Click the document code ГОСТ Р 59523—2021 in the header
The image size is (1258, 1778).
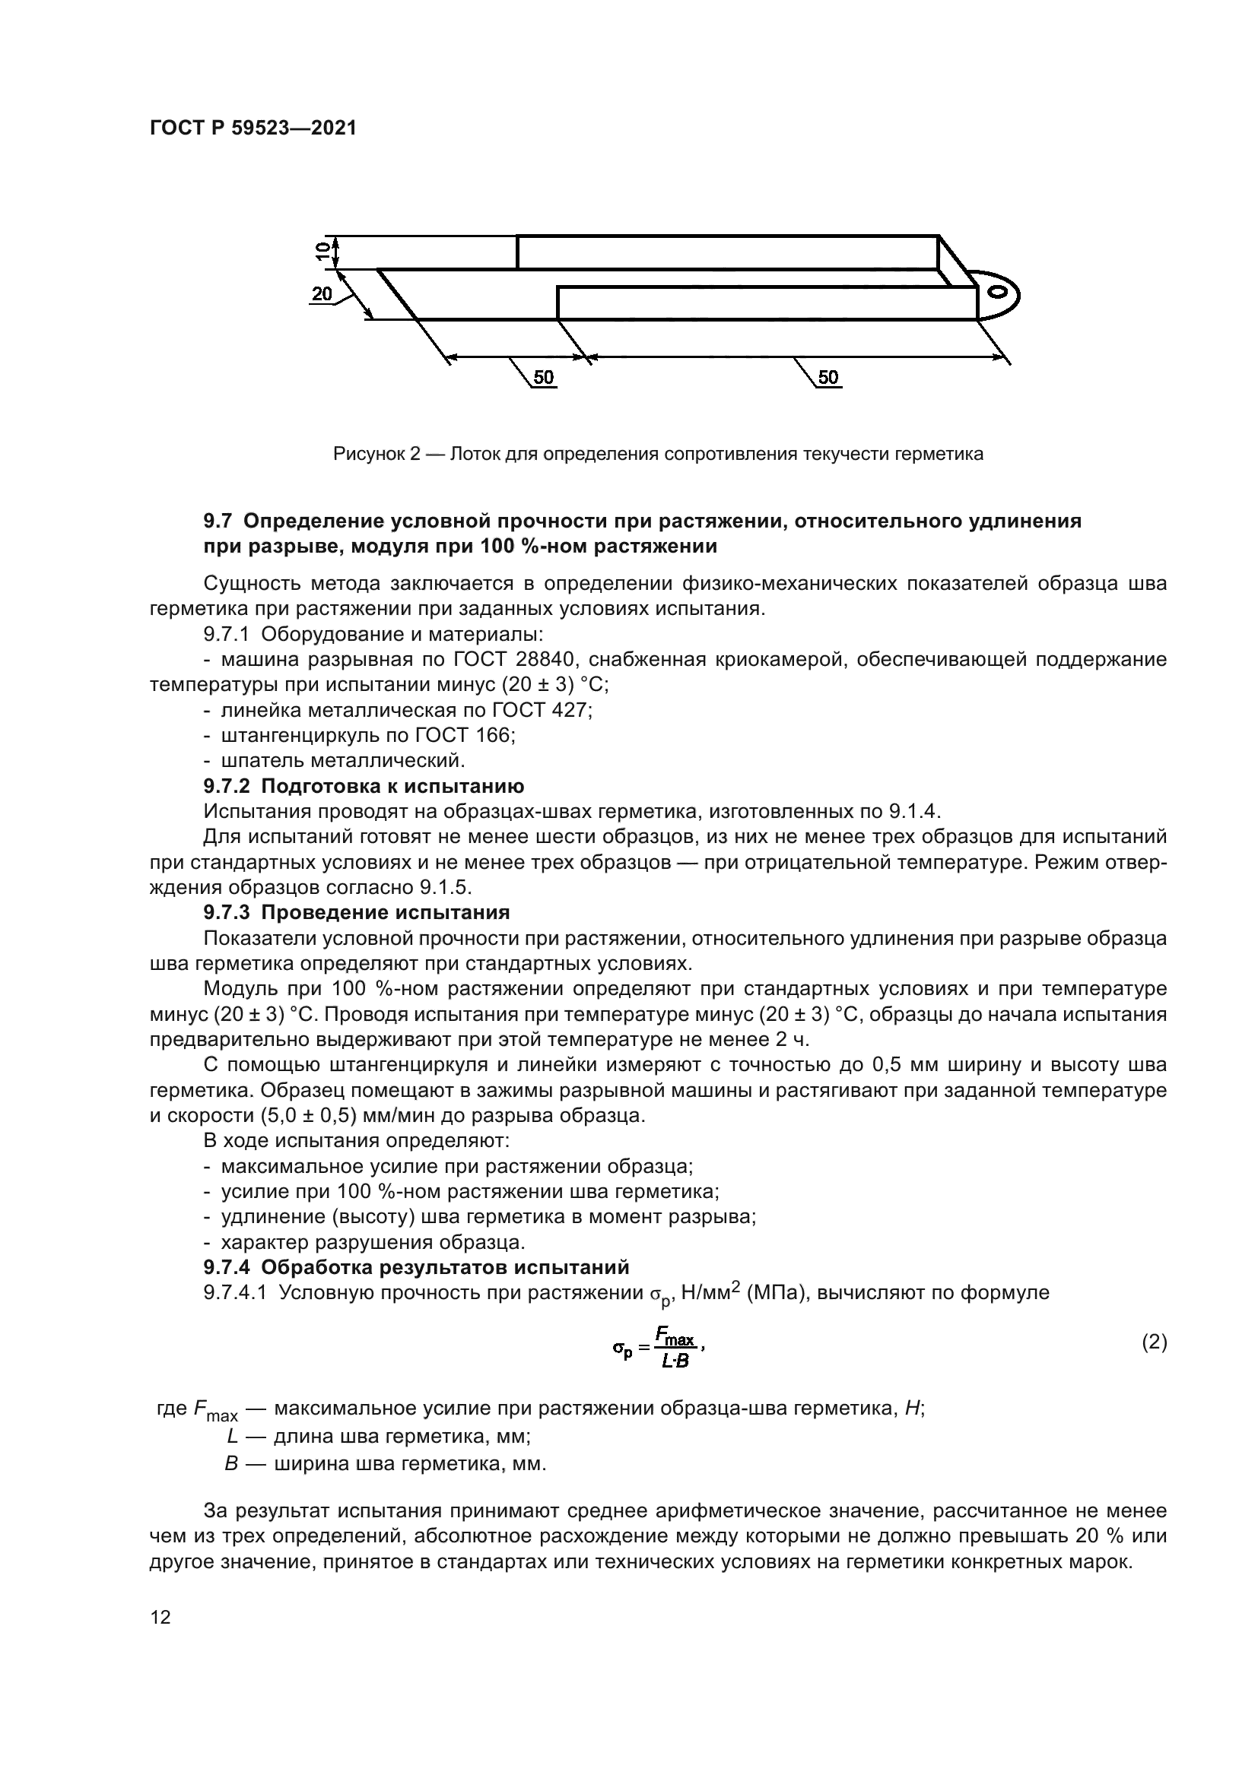(x=253, y=128)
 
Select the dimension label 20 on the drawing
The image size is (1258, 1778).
(x=322, y=293)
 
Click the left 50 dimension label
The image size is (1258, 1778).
(x=544, y=377)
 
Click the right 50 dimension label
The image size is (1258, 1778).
(x=828, y=377)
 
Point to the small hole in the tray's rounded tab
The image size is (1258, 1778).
(x=999, y=292)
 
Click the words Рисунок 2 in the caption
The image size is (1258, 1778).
(x=376, y=454)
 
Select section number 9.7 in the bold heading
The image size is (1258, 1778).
(x=218, y=521)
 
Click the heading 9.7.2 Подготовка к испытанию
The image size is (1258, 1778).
(x=364, y=786)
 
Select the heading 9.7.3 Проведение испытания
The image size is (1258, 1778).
(x=356, y=912)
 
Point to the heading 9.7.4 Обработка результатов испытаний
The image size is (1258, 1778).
(x=416, y=1267)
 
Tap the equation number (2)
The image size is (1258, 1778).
(x=1155, y=1342)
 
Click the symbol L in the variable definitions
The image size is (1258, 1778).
(x=231, y=1437)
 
